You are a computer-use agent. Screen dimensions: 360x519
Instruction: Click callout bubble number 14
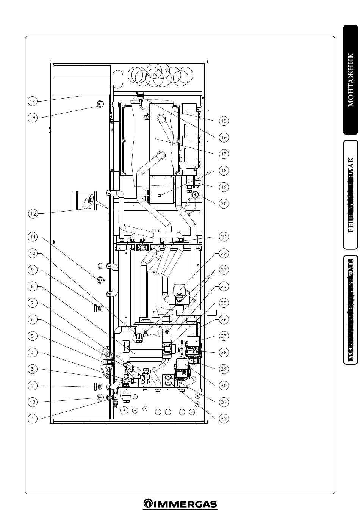33,101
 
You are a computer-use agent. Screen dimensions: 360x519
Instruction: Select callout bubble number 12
33,214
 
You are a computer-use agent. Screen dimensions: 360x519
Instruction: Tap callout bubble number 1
33,419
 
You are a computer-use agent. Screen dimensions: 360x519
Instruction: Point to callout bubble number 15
224,121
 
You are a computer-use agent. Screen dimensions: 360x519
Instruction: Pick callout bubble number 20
224,204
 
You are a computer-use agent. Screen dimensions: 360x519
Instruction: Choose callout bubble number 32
224,419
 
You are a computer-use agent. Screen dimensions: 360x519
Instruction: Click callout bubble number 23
224,270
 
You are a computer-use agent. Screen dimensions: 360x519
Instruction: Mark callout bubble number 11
33,237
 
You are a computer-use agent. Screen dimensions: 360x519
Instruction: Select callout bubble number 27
224,336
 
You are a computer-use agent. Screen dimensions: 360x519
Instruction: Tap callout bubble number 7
33,303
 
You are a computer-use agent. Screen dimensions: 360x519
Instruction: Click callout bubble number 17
224,154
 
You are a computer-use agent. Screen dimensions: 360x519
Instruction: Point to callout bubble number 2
33,386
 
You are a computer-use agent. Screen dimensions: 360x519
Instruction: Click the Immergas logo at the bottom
180,504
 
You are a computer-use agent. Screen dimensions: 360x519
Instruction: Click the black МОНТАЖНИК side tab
351,80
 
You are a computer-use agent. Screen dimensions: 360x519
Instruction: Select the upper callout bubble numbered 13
33,118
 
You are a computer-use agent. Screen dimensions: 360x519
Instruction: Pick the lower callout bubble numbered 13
33,402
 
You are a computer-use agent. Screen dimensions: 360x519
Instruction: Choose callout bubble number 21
224,237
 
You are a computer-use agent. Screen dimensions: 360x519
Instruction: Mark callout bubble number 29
224,369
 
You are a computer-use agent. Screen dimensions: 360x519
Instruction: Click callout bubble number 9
33,270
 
